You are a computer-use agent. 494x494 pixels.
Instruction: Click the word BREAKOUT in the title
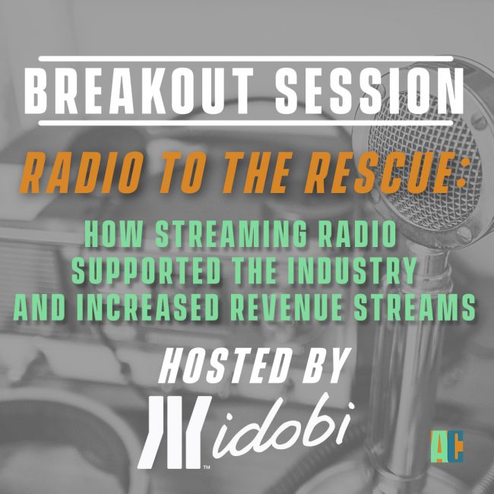[139, 90]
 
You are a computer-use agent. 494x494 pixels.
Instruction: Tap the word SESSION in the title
[369, 90]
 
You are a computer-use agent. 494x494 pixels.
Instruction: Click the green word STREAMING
[231, 234]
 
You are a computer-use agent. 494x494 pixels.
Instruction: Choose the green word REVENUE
[286, 308]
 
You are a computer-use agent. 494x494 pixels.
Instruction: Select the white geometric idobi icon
[175, 432]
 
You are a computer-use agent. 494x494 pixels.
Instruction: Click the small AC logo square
[447, 446]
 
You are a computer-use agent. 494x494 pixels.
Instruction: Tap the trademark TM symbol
[207, 467]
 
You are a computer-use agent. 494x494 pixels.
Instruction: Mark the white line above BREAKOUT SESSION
[245, 59]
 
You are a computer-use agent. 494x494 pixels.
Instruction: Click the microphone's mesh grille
[426, 157]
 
